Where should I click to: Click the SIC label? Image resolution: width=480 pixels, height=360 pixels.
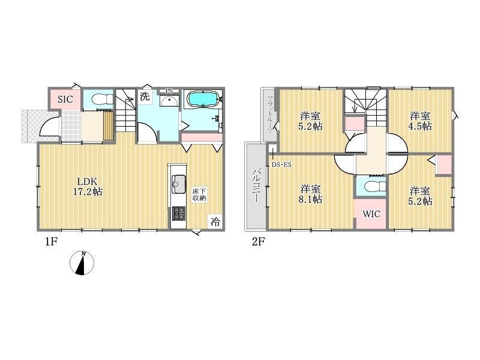[65, 99]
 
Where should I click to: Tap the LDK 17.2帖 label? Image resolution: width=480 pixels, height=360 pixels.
[88, 187]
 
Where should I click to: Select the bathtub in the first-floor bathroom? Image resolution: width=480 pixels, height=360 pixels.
[203, 99]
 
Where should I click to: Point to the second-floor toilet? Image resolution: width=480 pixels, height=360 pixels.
[376, 187]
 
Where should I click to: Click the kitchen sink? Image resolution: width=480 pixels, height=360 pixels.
[179, 184]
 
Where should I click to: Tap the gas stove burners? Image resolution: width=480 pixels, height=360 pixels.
[179, 214]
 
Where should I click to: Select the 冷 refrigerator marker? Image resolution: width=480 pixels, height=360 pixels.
[215, 221]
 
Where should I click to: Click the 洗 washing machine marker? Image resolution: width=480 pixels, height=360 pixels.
[145, 96]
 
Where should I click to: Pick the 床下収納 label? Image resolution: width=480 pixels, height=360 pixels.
[199, 194]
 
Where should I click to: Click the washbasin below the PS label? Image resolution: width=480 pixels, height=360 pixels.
[169, 101]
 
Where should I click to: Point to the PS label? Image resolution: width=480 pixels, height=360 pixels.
[169, 91]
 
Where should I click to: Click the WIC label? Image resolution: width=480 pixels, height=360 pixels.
[371, 214]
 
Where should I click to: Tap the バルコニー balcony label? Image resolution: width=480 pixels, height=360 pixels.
[256, 186]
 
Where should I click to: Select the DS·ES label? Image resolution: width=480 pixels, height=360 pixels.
[281, 164]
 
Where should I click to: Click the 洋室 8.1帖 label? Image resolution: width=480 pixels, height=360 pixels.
[310, 194]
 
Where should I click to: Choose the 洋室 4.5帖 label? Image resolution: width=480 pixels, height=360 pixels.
[420, 121]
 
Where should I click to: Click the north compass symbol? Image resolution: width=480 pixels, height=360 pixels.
[82, 263]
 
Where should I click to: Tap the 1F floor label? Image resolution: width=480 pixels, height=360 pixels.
[52, 242]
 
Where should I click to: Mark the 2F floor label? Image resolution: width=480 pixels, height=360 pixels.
[258, 242]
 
